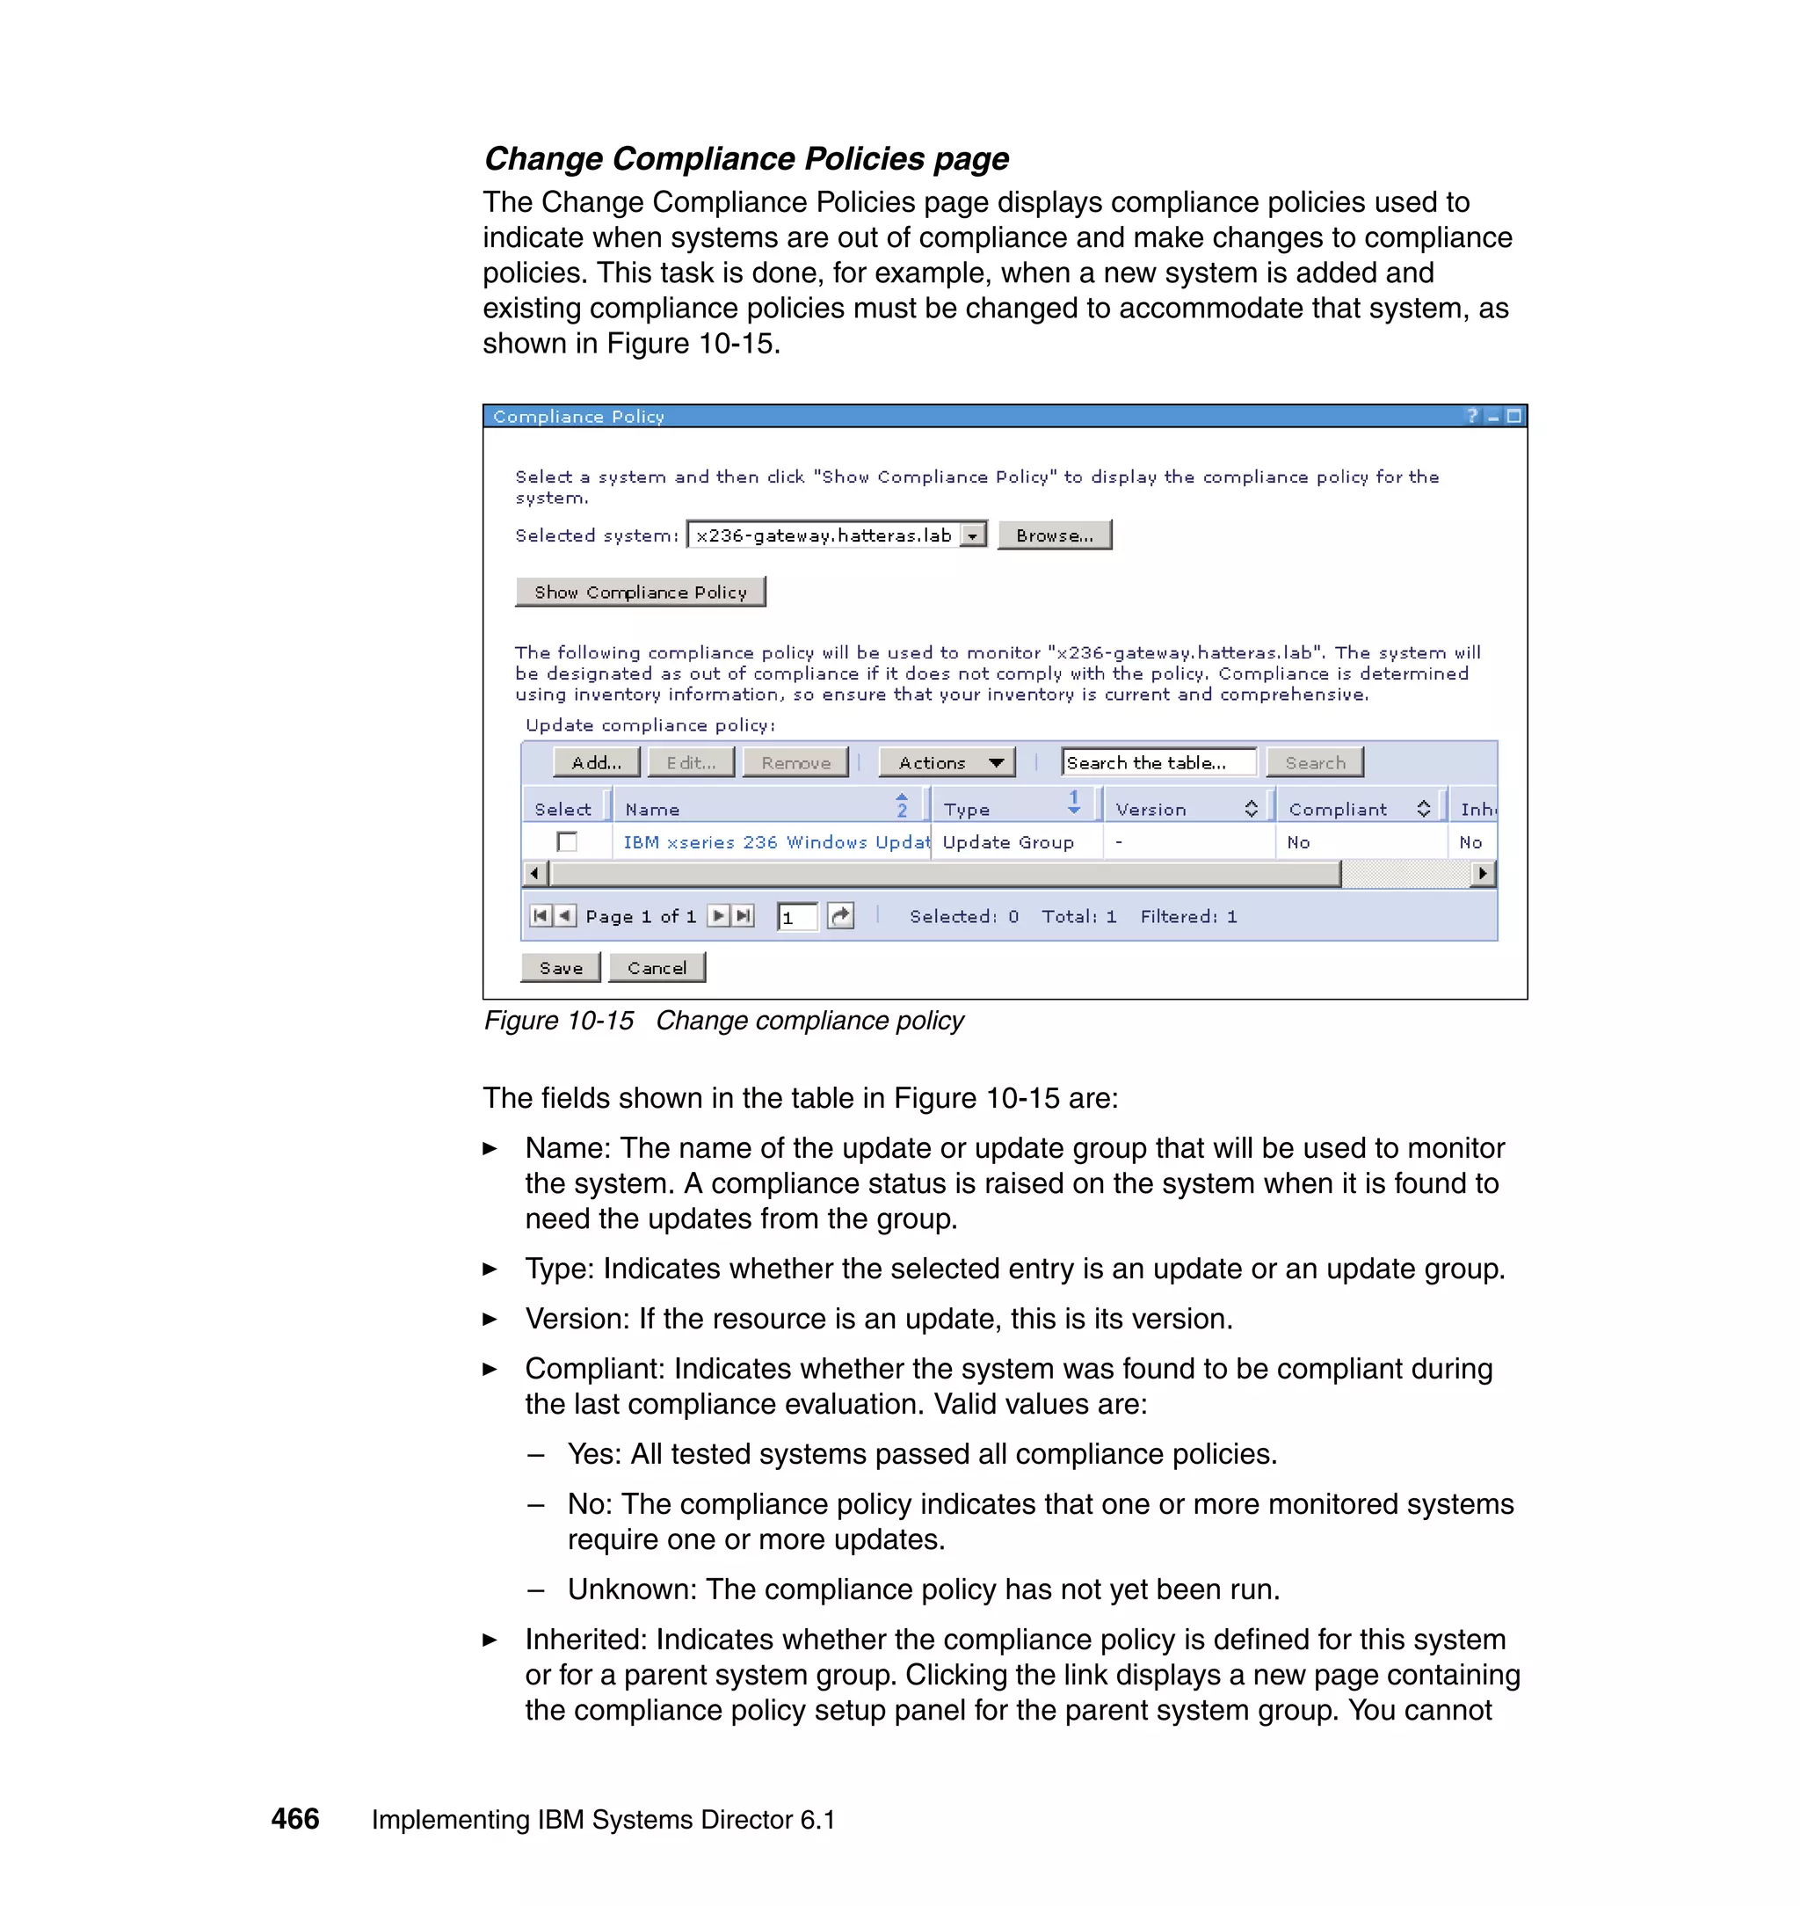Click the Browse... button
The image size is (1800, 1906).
point(1054,535)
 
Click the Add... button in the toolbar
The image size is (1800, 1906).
point(596,763)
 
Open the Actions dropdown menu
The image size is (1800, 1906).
point(947,763)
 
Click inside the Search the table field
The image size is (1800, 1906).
point(1158,763)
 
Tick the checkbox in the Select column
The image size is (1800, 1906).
point(567,841)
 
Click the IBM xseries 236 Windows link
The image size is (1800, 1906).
point(775,842)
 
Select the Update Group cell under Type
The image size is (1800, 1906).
point(1007,842)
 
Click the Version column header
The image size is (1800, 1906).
point(1150,810)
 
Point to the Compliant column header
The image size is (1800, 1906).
point(1338,810)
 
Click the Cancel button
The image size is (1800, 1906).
point(657,967)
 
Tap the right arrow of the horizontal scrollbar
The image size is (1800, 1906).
point(1484,873)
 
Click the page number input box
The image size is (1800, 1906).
point(796,918)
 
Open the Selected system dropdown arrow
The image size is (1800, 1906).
point(973,535)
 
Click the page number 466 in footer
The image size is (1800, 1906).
point(294,1819)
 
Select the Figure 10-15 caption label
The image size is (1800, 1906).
point(558,1020)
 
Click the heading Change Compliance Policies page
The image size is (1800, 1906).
point(745,158)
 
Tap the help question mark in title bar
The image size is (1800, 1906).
point(1472,416)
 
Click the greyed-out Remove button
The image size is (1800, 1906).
point(795,763)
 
